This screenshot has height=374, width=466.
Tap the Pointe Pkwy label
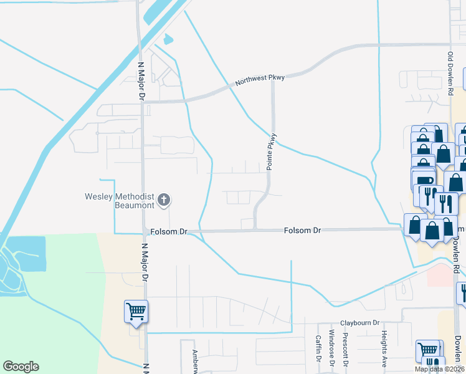click(x=271, y=151)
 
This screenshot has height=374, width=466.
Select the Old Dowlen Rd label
click(x=450, y=73)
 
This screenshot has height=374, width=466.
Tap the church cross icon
click(x=164, y=200)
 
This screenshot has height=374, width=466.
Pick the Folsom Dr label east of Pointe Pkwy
click(x=302, y=231)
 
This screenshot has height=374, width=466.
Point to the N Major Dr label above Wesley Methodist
click(x=141, y=81)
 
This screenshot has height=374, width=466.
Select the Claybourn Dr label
click(x=359, y=323)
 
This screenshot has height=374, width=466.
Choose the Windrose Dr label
click(x=331, y=349)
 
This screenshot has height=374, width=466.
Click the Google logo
click(x=21, y=367)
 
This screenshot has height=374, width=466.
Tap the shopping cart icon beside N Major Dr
click(x=136, y=310)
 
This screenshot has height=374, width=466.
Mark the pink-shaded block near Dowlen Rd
click(x=440, y=275)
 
